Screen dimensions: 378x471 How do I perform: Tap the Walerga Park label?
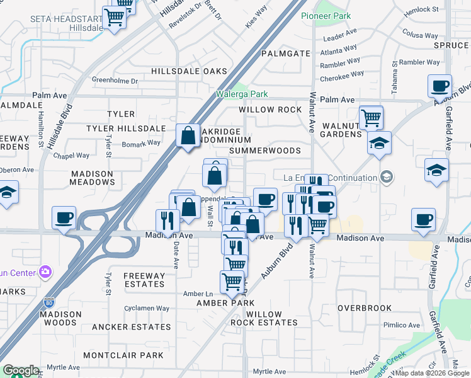click(242, 94)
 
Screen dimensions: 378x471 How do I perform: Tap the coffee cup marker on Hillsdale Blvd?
click(64, 218)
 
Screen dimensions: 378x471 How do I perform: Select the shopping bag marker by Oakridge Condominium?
click(188, 135)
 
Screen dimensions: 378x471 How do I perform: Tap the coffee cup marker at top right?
click(440, 86)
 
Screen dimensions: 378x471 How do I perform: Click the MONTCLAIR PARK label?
click(123, 355)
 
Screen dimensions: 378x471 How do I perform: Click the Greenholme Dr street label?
click(115, 81)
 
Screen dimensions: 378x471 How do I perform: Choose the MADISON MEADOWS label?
click(92, 178)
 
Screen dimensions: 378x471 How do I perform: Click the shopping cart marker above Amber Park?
click(232, 282)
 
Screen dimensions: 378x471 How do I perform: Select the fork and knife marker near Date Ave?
click(167, 220)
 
